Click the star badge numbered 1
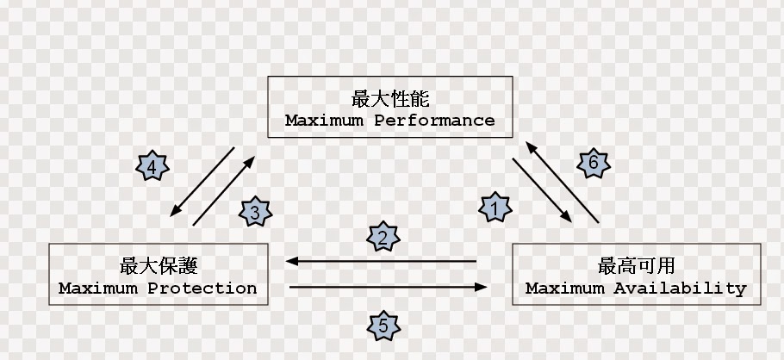tap(495, 208)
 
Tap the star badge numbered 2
tap(383, 237)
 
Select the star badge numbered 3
tap(255, 212)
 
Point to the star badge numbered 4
tap(152, 165)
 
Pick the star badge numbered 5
tap(383, 326)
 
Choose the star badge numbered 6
tap(594, 163)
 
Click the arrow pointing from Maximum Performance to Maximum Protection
tap(202, 182)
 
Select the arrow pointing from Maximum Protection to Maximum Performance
tap(223, 190)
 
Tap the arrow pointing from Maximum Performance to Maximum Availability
tap(542, 190)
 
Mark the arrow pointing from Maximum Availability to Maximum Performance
tap(562, 182)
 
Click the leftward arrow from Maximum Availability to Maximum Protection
tap(381, 261)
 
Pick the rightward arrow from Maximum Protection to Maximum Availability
tap(388, 287)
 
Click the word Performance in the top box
tap(434, 121)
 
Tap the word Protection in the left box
tap(202, 289)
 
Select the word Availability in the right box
tap(680, 289)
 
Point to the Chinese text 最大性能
tap(390, 98)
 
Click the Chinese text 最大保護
tap(159, 265)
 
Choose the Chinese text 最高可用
tap(637, 265)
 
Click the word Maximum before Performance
tap(324, 121)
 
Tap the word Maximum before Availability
tap(564, 289)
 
